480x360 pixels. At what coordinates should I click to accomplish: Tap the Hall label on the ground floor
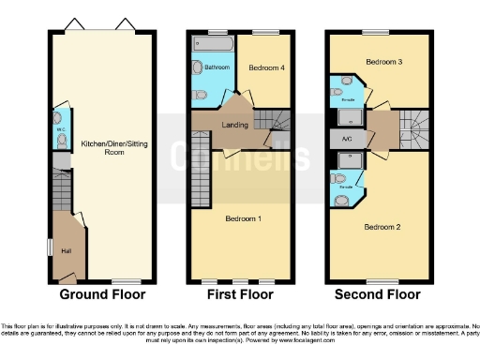coord(66,251)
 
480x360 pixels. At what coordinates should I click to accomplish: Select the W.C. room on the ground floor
coord(59,130)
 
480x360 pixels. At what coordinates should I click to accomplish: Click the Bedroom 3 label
coord(383,62)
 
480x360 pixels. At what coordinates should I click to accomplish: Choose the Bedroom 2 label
coord(382,227)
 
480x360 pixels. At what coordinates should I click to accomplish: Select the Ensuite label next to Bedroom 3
coord(347,97)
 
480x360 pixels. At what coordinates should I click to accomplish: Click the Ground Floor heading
coord(102,294)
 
